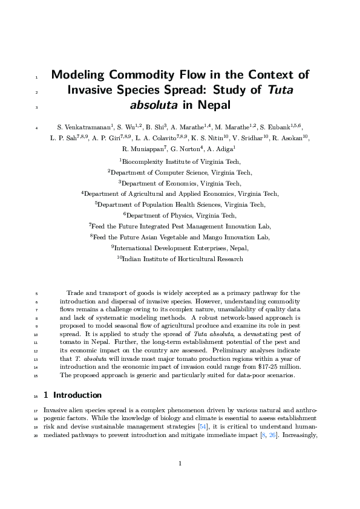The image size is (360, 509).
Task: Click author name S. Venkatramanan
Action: click(84, 128)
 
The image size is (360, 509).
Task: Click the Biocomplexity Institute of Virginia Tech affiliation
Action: click(180, 161)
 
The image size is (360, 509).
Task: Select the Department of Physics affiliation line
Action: click(180, 215)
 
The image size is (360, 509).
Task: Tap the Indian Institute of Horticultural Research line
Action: click(180, 259)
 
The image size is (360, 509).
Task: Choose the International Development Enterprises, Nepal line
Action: click(180, 248)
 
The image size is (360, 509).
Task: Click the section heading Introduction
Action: click(77, 395)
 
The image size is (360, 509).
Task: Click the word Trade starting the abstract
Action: click(75, 293)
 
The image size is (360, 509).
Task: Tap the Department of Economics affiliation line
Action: click(180, 183)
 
